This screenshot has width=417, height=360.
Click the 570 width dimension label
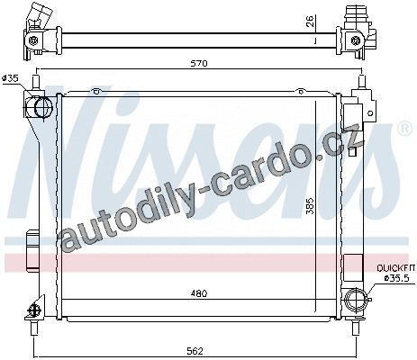click(x=199, y=64)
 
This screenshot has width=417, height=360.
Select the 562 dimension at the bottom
click(x=195, y=351)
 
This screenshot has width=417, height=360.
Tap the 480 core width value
click(x=199, y=293)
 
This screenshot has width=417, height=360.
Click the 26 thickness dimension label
click(x=310, y=21)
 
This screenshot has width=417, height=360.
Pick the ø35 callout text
click(x=10, y=78)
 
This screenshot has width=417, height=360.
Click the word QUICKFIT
click(x=396, y=267)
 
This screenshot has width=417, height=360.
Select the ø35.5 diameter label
click(x=397, y=278)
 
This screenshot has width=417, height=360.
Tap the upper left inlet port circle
click(x=43, y=107)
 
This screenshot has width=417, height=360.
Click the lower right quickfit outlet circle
click(x=356, y=300)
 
